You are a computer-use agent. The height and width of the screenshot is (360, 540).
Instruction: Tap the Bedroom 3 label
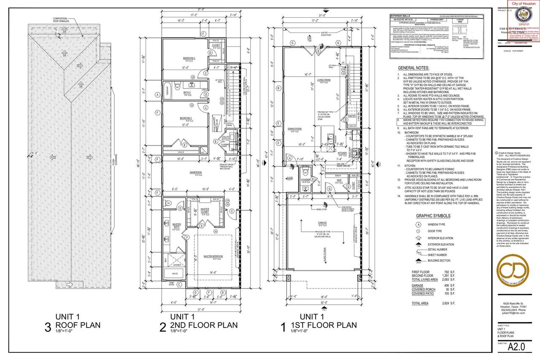point(189,58)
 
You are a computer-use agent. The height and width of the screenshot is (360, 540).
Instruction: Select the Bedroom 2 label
point(187,118)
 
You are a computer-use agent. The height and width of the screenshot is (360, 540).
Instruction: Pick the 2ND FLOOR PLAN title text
point(203,325)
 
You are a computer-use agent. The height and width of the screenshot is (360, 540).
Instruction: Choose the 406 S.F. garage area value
point(444,286)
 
